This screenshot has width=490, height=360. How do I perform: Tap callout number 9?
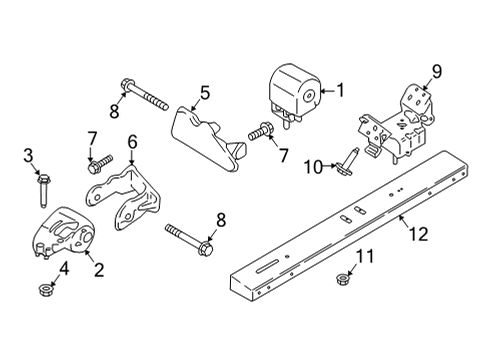[x=436, y=70]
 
